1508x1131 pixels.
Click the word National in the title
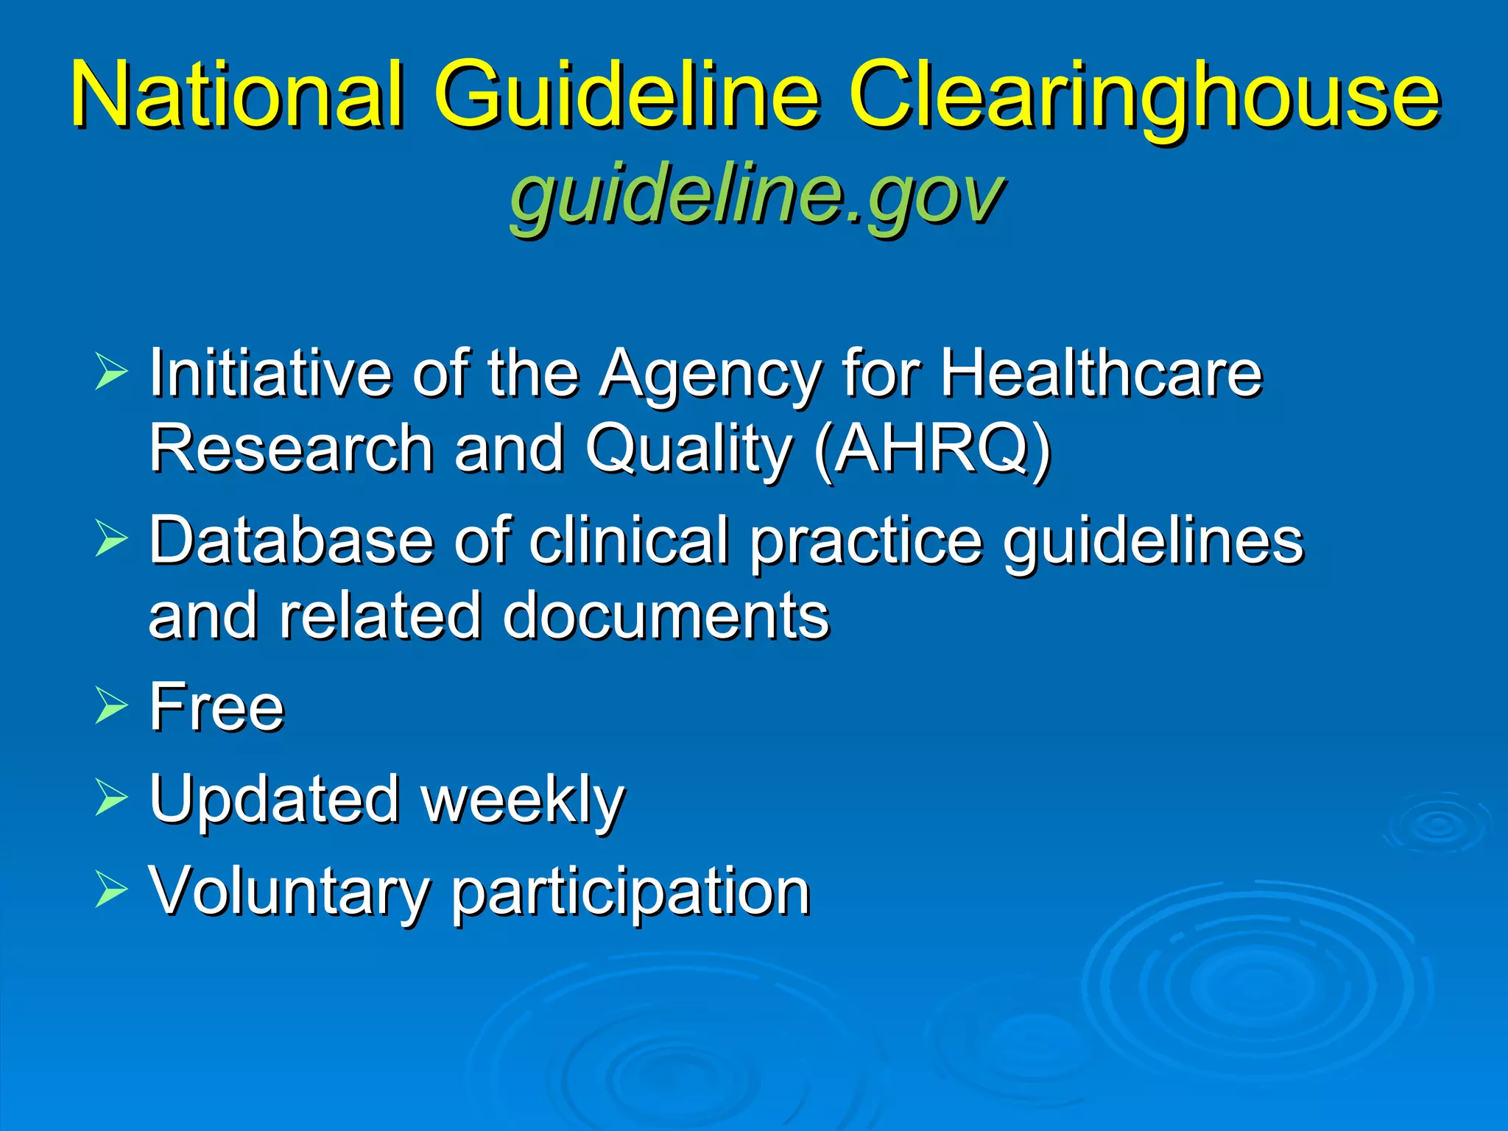tap(237, 96)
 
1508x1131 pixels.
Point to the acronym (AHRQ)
tap(932, 449)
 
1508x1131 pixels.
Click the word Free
tap(216, 707)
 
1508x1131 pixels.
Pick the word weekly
tap(523, 801)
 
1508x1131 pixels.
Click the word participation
tap(630, 895)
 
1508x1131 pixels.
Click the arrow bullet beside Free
tap(111, 705)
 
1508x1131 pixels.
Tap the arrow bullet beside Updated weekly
tap(111, 798)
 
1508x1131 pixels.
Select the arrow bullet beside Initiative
tap(111, 370)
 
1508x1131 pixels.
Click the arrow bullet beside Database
tap(111, 538)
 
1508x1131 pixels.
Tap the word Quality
tap(688, 449)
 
